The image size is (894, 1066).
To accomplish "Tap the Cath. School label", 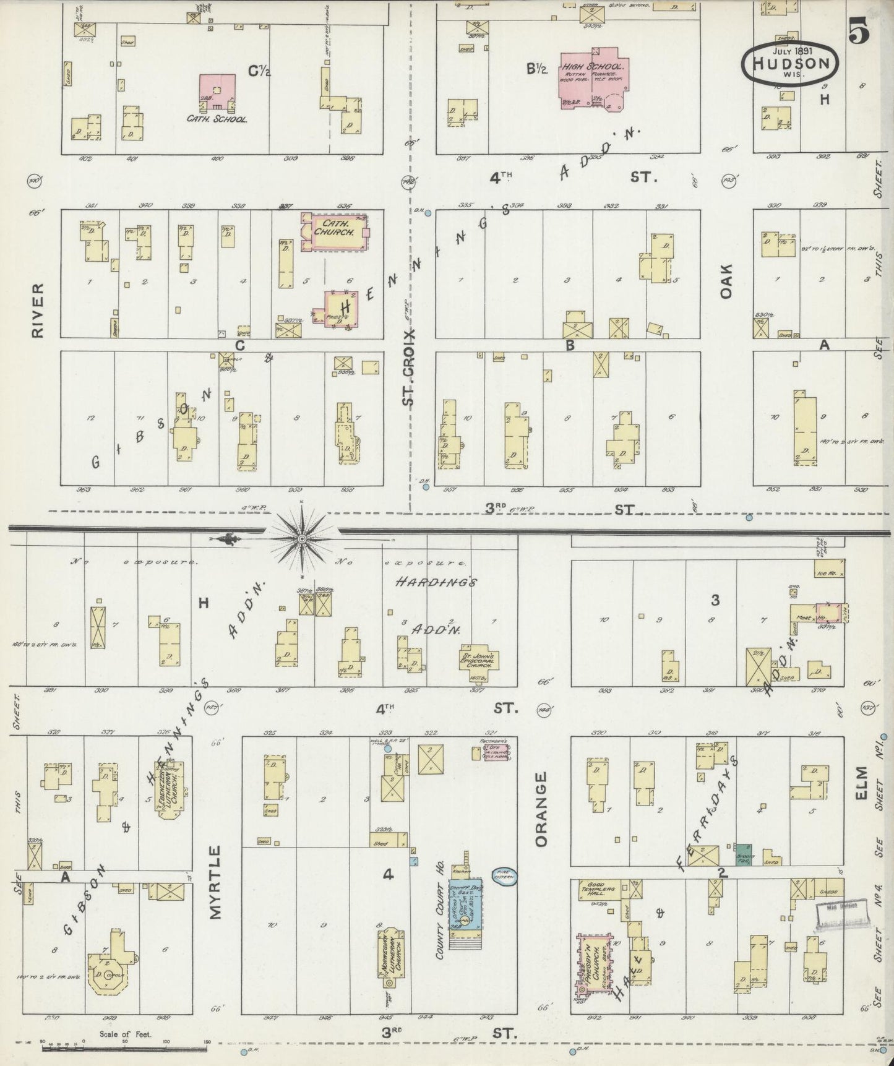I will pyautogui.click(x=217, y=119).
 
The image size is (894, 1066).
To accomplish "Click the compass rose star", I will pyautogui.click(x=301, y=539).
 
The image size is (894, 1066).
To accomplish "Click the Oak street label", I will pyautogui.click(x=725, y=281).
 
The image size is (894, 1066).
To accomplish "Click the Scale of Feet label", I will pyautogui.click(x=125, y=1034).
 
